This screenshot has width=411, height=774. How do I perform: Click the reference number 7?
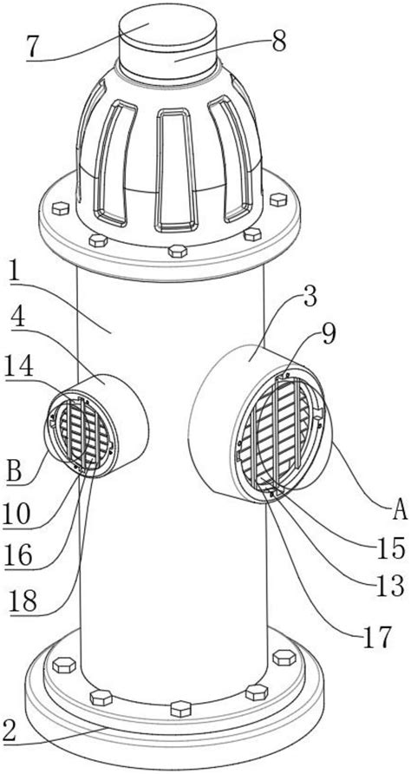pyautogui.click(x=33, y=47)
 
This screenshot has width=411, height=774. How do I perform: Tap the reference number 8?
pyautogui.click(x=279, y=43)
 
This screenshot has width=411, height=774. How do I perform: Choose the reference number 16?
pyautogui.click(x=20, y=556)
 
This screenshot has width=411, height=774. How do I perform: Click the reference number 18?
pyautogui.click(x=22, y=601)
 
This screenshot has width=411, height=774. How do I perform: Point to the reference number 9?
pyautogui.click(x=329, y=335)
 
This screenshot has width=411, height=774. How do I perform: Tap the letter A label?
pyautogui.click(x=400, y=511)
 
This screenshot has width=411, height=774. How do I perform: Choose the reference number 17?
pyautogui.click(x=377, y=636)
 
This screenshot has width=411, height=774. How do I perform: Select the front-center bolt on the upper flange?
pyautogui.click(x=178, y=251)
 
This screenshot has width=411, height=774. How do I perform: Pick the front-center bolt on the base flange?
pyautogui.click(x=180, y=708)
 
